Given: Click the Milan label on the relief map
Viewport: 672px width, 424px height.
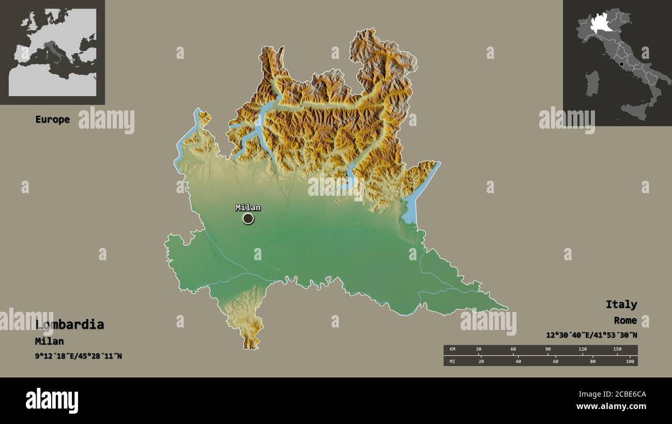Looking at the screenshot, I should point(248,208).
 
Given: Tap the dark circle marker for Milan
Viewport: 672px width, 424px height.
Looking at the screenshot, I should point(248,219).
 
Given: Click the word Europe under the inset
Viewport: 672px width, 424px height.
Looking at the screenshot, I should point(52,119).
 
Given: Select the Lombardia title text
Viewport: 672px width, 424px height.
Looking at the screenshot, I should point(70,324).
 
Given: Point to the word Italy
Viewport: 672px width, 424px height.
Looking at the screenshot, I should point(621,304).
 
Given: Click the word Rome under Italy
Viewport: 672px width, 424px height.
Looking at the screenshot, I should point(625,320).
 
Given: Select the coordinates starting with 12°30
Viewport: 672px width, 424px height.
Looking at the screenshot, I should point(591,335).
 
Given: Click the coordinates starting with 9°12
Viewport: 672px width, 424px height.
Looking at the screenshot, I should point(79,356).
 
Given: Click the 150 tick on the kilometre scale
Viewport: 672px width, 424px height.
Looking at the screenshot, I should point(617,349).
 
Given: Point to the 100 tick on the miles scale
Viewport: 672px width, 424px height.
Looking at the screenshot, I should point(630,361).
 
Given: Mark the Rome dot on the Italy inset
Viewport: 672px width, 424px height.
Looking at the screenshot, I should point(621,64).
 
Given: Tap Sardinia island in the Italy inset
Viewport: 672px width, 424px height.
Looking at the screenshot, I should point(592,83).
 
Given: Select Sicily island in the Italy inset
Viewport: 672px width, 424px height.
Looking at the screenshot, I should point(635,111).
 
